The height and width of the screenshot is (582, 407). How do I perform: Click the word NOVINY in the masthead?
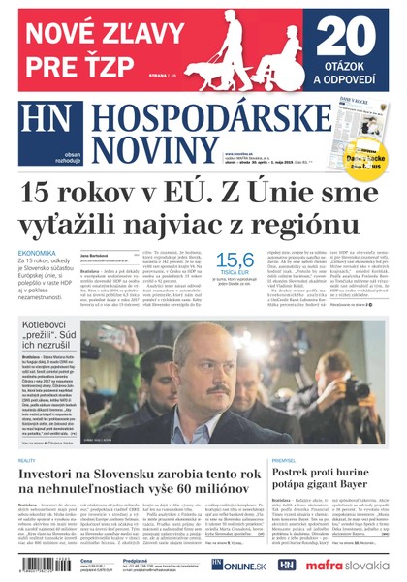[x=140, y=147]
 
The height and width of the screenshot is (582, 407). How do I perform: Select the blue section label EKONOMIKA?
[x=37, y=253]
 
